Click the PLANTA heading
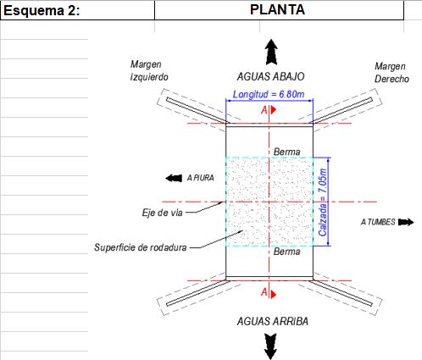coord(277,9)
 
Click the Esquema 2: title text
coord(42,11)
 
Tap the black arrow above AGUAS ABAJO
coord(271,53)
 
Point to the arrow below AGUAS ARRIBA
coord(270,346)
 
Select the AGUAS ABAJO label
coord(270,76)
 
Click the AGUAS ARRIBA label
coord(273,321)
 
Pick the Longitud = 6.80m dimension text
coord(269,94)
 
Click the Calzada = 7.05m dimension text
coord(323,202)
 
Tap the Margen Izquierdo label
coord(149,70)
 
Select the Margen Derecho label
coord(391,73)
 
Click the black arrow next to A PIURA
coord(174,178)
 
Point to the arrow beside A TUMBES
coord(406,222)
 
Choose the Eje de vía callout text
coord(163,213)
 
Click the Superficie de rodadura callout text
coord(141,247)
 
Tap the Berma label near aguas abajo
coord(286,152)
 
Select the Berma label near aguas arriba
coord(286,252)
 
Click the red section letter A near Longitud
coord(264,110)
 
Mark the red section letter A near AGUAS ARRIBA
coord(264,292)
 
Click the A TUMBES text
coord(378,222)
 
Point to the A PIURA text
coord(201,178)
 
